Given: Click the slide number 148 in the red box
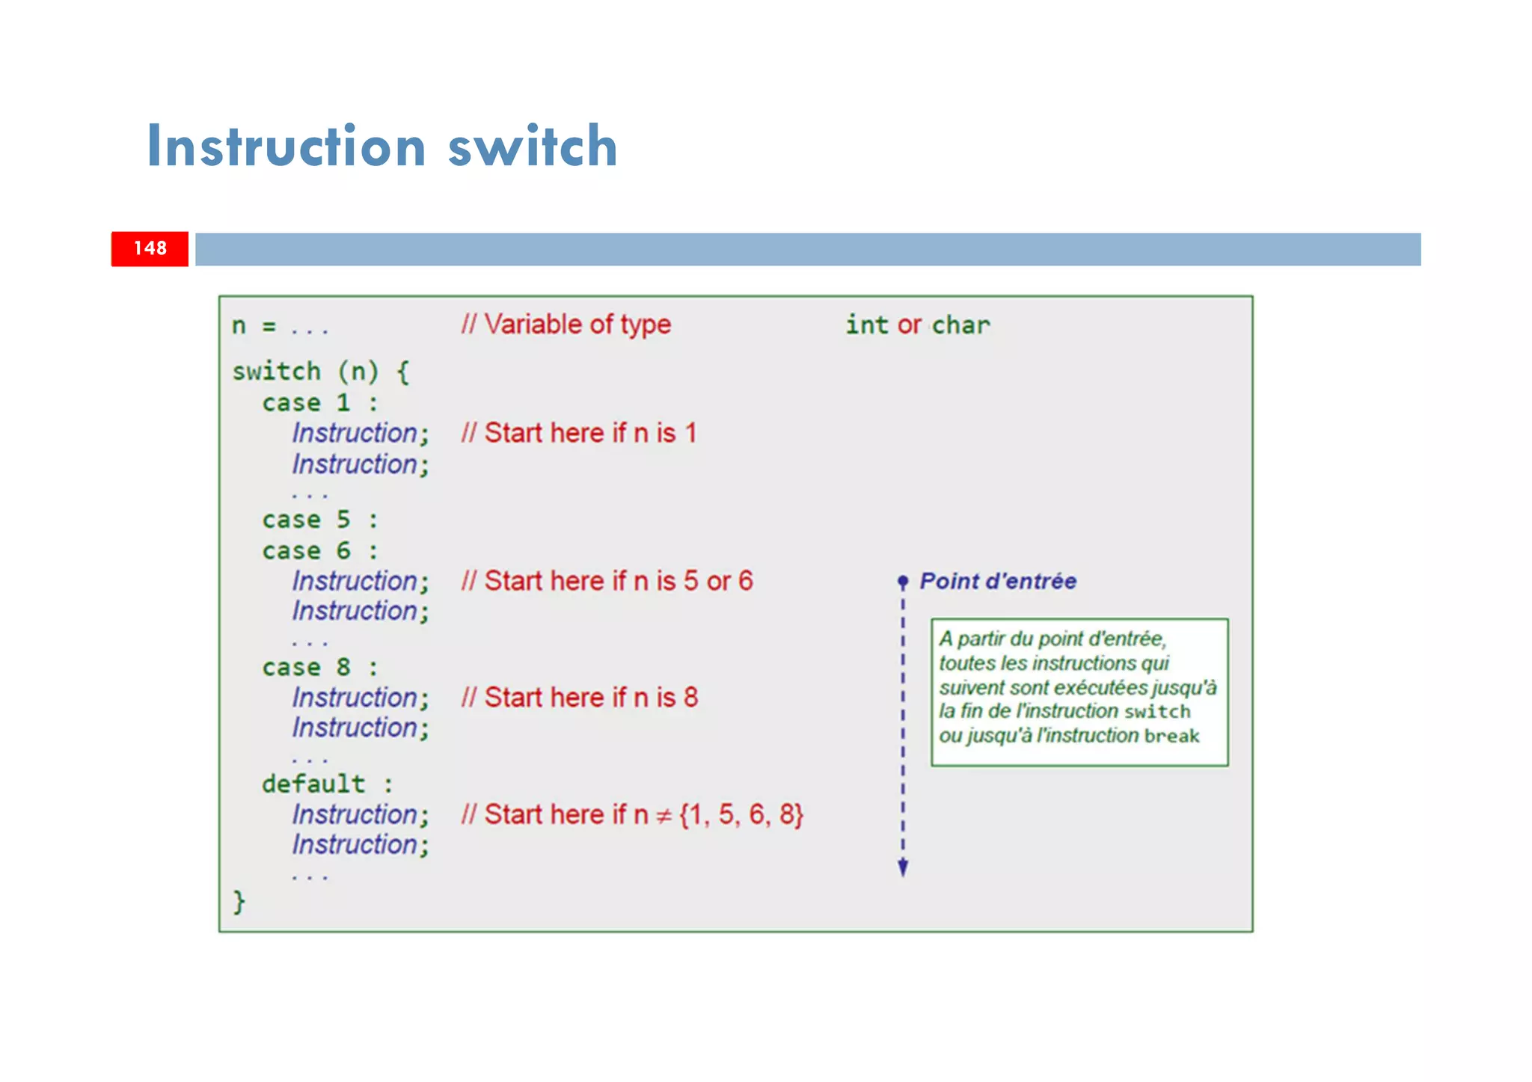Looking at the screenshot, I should (x=150, y=248).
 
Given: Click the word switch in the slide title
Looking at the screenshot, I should (x=532, y=146).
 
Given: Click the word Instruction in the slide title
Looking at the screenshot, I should (x=287, y=146).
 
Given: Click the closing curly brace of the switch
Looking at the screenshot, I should (x=239, y=902).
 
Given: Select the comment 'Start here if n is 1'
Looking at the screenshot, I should (x=580, y=433).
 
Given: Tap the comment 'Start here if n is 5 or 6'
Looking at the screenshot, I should (x=607, y=581).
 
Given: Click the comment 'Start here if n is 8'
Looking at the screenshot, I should (x=580, y=698).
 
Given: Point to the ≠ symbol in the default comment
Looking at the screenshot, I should (x=664, y=817).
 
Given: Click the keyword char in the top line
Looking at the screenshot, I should (x=960, y=325).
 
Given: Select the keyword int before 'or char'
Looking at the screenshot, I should (x=867, y=325).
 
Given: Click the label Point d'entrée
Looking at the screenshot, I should (x=998, y=581).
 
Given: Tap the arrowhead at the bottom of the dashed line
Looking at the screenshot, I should (x=903, y=868).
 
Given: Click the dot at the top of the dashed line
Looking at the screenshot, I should (x=903, y=581).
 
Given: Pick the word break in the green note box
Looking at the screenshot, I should (x=1171, y=737).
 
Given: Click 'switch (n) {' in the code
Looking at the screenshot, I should (x=321, y=372).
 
